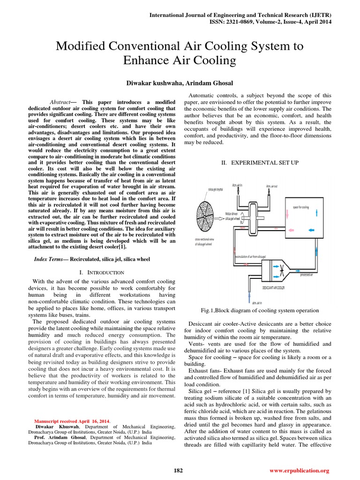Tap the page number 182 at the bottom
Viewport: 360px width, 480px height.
(x=179, y=470)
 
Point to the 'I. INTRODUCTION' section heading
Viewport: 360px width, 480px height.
(x=102, y=272)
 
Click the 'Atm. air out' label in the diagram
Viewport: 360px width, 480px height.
(x=272, y=187)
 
